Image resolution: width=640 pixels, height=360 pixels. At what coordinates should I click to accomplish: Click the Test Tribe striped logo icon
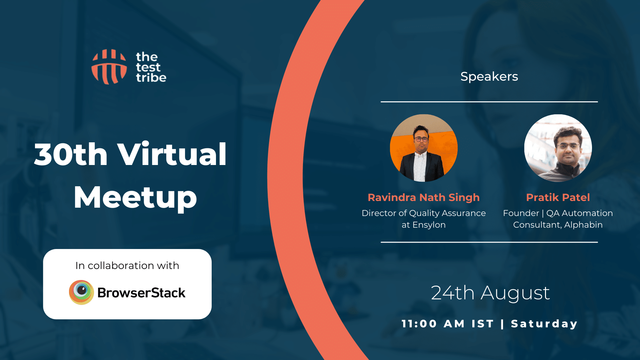pyautogui.click(x=109, y=67)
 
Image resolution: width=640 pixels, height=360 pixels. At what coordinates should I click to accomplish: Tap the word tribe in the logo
pyautogui.click(x=151, y=78)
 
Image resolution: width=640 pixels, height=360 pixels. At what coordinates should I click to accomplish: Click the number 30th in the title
pyautogui.click(x=71, y=154)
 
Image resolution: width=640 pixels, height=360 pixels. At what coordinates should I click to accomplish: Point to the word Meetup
pyautogui.click(x=135, y=198)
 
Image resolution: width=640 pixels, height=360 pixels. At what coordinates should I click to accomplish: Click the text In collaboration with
pyautogui.click(x=127, y=265)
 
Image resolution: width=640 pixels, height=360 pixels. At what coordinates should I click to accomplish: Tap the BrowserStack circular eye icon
pyautogui.click(x=81, y=292)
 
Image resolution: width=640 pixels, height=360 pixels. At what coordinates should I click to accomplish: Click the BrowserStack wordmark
pyautogui.click(x=141, y=293)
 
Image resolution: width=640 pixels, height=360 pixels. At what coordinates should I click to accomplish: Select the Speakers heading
pyautogui.click(x=489, y=77)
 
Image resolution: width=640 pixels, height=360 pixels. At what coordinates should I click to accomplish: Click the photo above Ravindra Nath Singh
pyautogui.click(x=424, y=148)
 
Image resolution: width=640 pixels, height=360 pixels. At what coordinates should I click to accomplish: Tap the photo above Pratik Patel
pyautogui.click(x=558, y=148)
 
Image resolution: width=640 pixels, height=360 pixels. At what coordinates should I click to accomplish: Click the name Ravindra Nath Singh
pyautogui.click(x=424, y=197)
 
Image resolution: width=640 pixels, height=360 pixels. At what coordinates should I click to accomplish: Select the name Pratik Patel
pyautogui.click(x=558, y=197)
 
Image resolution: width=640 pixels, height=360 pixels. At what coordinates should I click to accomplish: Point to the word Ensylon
pyautogui.click(x=429, y=225)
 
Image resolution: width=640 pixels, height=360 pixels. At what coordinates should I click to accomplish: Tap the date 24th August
pyautogui.click(x=490, y=293)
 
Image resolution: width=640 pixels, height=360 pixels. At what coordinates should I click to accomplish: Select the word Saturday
pyautogui.click(x=544, y=324)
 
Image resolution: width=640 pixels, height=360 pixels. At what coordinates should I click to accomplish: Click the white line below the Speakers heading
pyautogui.click(x=489, y=102)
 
